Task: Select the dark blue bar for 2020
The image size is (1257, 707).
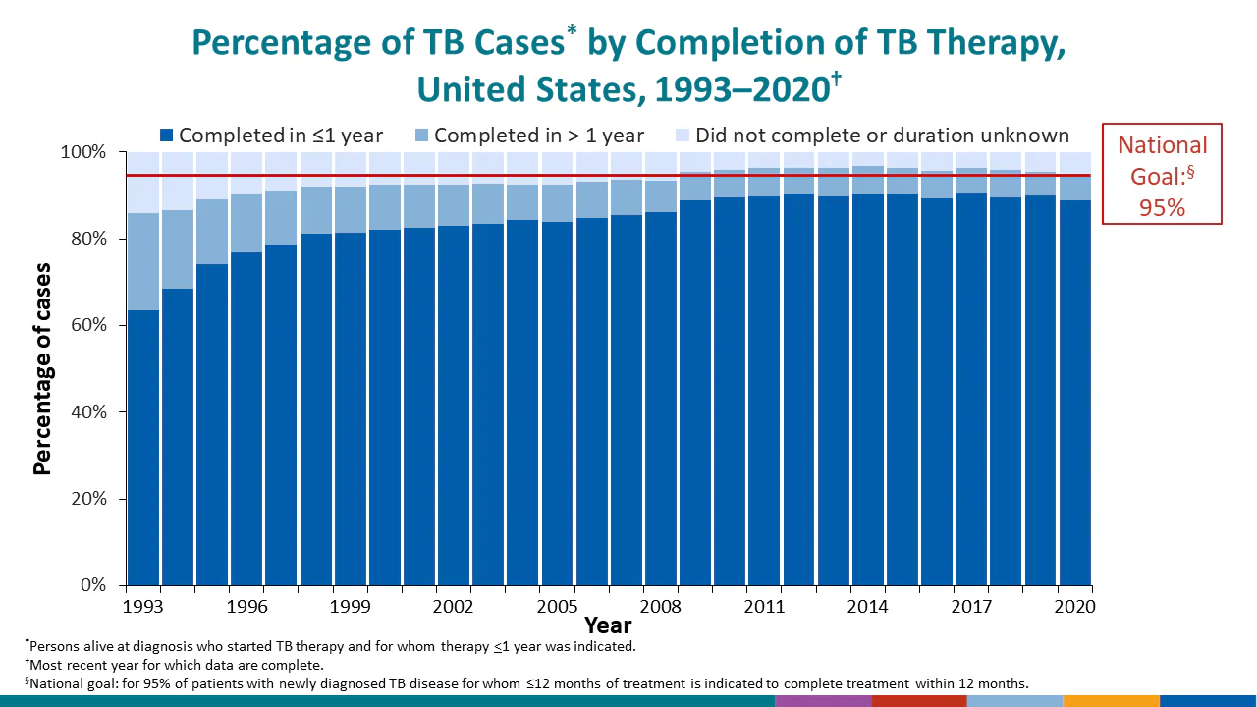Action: tap(1075, 393)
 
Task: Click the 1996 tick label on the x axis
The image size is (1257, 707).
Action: tap(247, 607)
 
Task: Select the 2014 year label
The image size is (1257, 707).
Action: tap(869, 607)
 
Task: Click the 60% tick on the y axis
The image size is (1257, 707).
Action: tap(84, 325)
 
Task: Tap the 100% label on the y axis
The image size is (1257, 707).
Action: tap(81, 152)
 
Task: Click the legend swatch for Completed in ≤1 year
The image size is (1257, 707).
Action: tap(166, 136)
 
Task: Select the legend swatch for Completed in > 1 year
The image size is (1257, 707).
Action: tap(421, 136)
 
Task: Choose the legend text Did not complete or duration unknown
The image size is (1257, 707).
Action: tap(882, 136)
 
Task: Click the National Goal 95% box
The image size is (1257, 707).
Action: tap(1163, 174)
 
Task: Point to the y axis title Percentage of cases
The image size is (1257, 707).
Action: tap(42, 368)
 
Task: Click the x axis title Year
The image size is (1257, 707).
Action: tap(608, 625)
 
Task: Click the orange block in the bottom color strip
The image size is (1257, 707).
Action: tap(1112, 701)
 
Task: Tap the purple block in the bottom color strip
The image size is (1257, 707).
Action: tap(823, 701)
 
